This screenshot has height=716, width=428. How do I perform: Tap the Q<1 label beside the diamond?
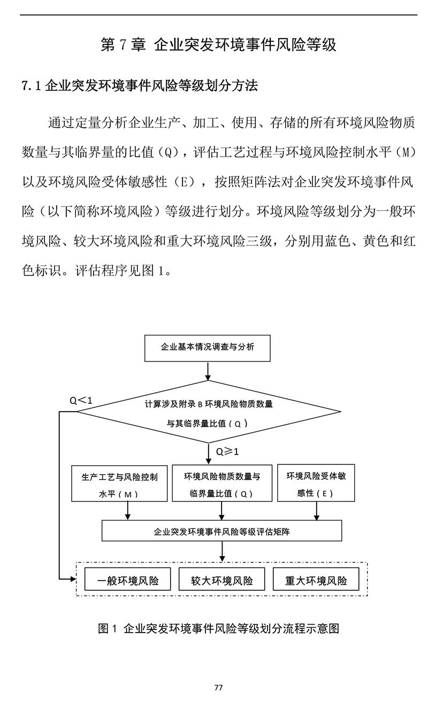point(81,400)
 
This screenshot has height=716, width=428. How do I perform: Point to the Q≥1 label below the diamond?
point(227,452)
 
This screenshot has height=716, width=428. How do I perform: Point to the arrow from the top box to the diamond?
point(208,371)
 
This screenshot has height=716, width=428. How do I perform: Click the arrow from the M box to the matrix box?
point(128,511)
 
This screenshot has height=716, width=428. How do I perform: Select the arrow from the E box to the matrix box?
point(317,511)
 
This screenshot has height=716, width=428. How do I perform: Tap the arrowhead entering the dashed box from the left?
point(73,579)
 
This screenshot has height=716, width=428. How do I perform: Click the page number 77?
point(218,687)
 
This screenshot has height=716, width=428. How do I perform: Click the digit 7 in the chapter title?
point(123,44)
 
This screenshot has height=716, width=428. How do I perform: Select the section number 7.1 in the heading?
point(32,86)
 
